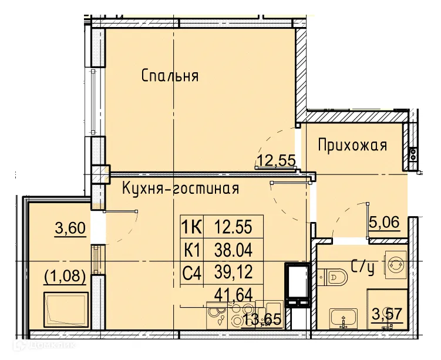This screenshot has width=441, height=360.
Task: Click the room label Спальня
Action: tap(170, 76)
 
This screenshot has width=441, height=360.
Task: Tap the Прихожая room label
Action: tap(352, 145)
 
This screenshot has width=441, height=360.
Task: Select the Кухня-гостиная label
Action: tap(180, 189)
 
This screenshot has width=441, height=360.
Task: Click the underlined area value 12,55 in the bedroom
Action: tap(275, 159)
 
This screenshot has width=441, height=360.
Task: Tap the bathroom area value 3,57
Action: tap(388, 314)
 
